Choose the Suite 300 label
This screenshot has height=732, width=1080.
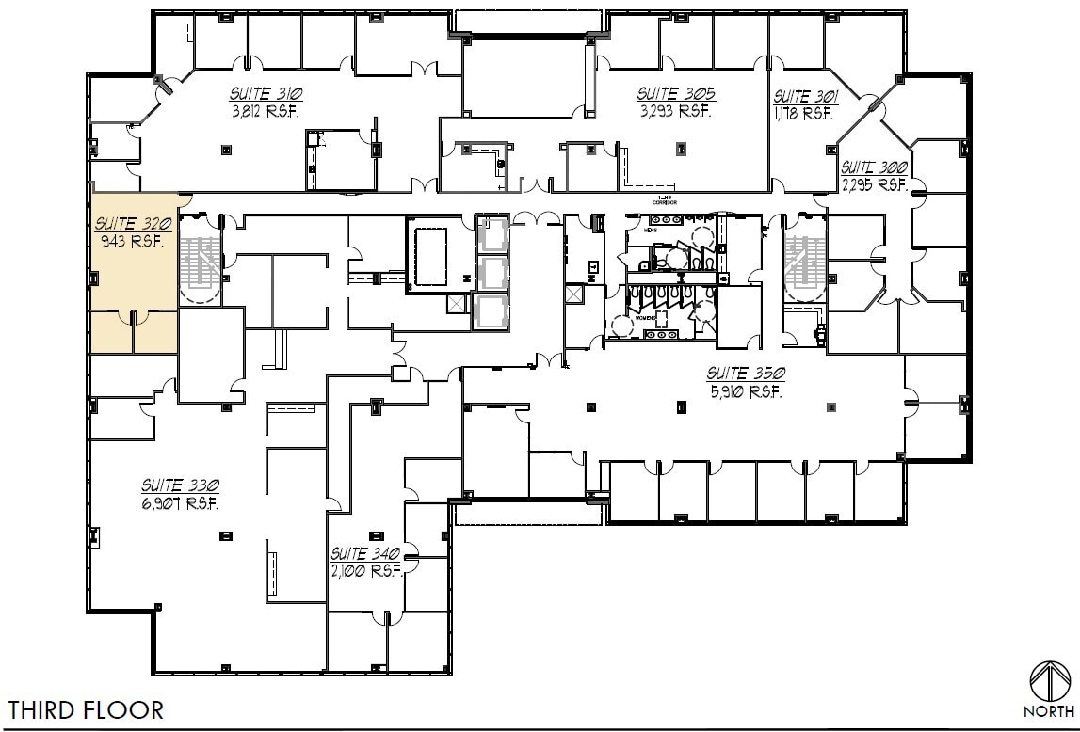873,168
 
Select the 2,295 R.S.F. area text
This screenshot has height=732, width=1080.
873,184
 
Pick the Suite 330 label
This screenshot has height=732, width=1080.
181,485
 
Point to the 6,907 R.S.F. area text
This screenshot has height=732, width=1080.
181,503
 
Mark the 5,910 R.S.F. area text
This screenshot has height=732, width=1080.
746,390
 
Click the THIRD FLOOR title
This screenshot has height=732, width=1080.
87,709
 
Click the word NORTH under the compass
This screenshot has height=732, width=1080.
1048,711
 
